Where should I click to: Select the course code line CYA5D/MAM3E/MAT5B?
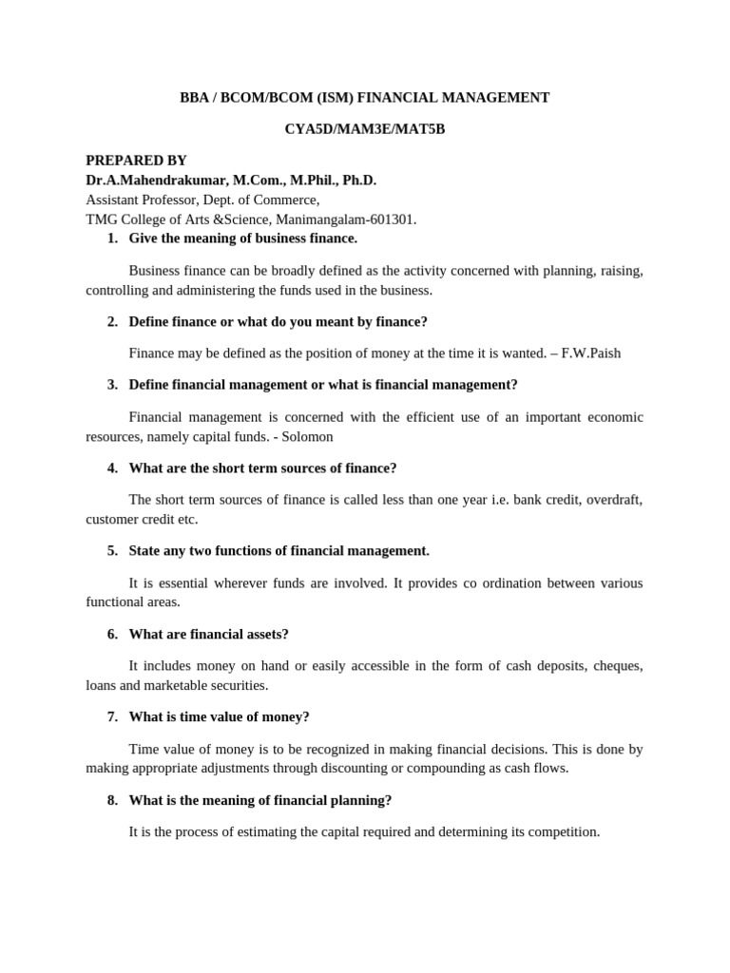(365, 129)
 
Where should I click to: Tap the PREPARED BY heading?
(136, 161)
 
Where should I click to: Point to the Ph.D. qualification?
(355, 181)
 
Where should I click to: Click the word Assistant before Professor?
(115, 200)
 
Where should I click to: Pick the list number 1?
(113, 238)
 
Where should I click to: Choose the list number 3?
(113, 385)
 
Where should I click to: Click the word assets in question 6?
(267, 634)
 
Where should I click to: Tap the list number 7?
(113, 716)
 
